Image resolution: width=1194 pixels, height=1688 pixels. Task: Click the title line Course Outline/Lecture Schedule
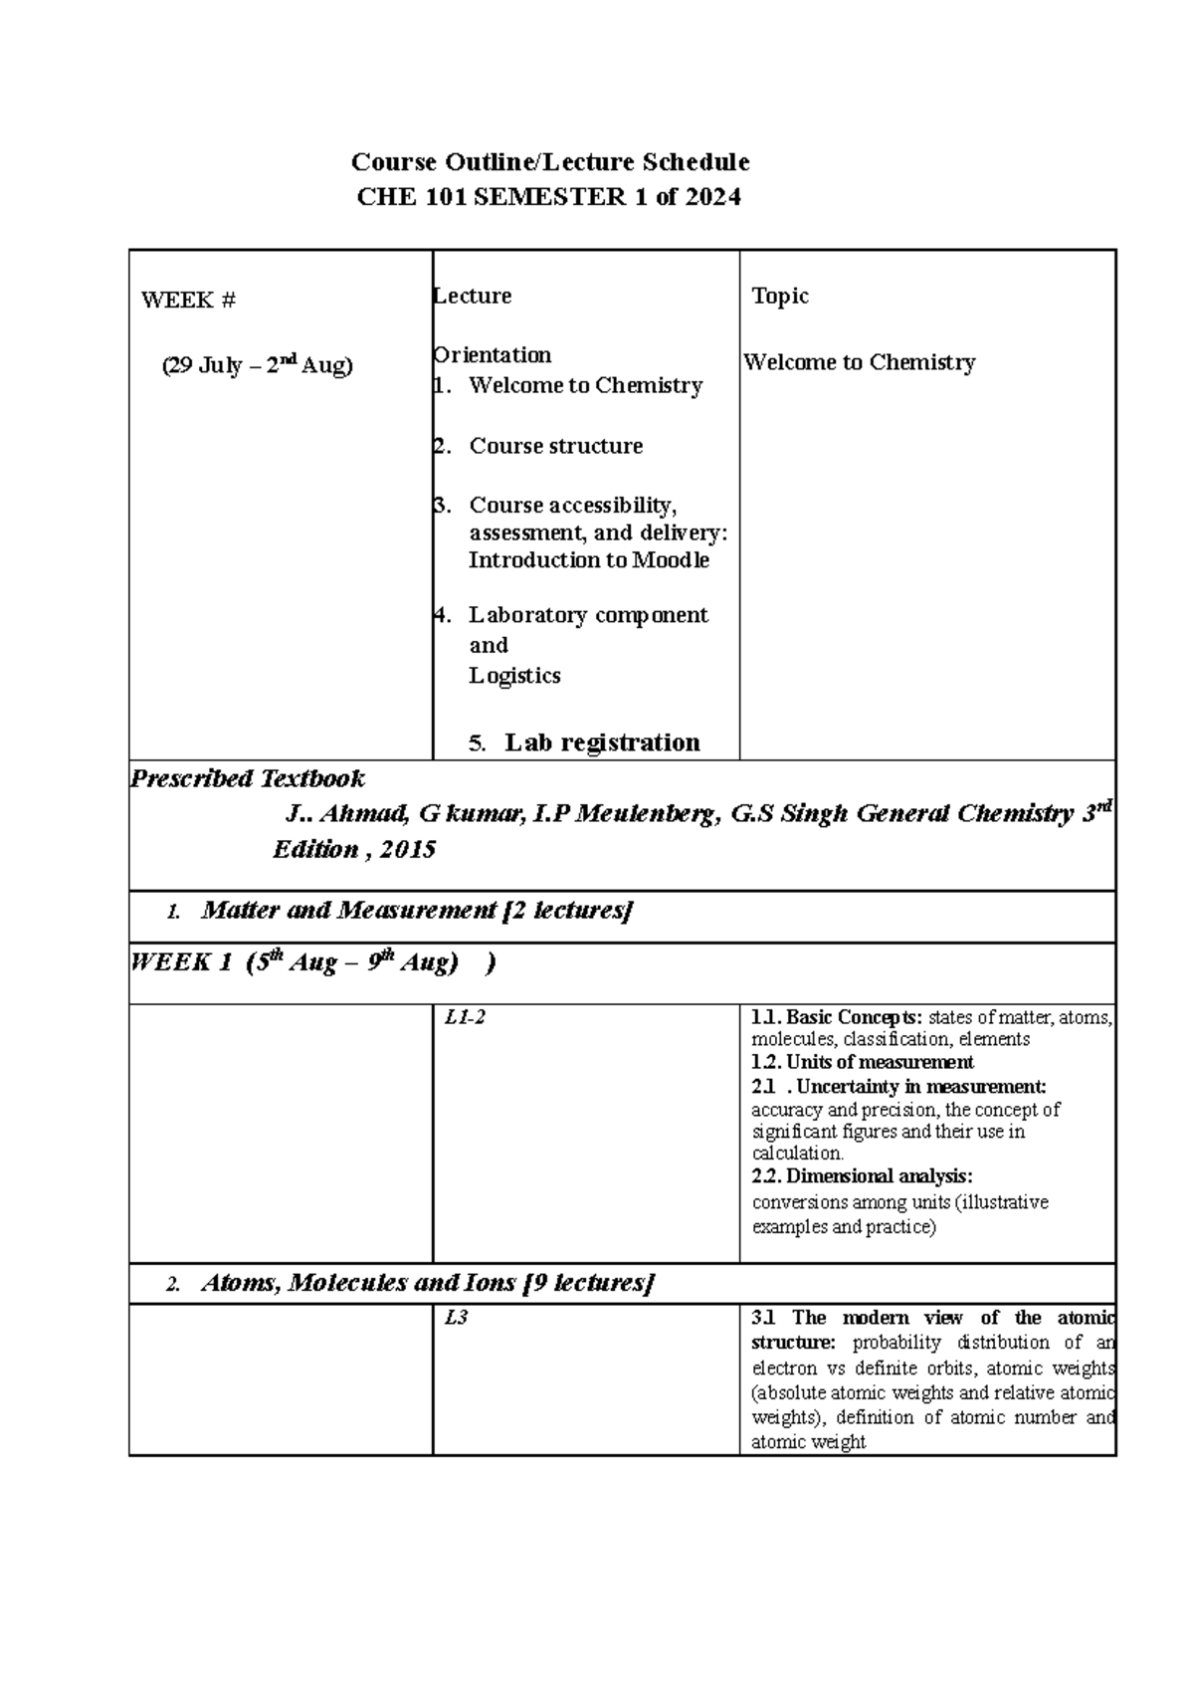[x=549, y=161]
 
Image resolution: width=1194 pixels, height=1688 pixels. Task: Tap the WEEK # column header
[x=188, y=300]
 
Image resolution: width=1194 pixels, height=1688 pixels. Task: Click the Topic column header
[x=780, y=296]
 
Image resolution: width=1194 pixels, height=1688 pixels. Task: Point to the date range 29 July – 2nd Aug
[x=257, y=365]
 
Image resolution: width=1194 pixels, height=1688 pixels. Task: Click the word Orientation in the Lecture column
[x=493, y=354]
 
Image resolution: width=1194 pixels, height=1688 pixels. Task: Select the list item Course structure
[x=555, y=446]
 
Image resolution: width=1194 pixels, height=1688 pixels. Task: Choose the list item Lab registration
[x=601, y=742]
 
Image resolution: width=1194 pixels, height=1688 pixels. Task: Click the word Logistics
[x=514, y=676]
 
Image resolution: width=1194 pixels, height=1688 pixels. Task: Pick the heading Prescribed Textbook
[x=248, y=778]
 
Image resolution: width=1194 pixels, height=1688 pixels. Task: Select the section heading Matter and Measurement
[x=348, y=910]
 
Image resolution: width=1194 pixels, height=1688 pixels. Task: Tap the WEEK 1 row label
[x=181, y=962]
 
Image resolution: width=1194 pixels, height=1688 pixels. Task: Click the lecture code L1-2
[x=465, y=1017]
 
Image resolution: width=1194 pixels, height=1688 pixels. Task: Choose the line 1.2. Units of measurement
[x=862, y=1062]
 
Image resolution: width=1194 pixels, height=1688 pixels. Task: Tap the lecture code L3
[x=456, y=1318]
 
